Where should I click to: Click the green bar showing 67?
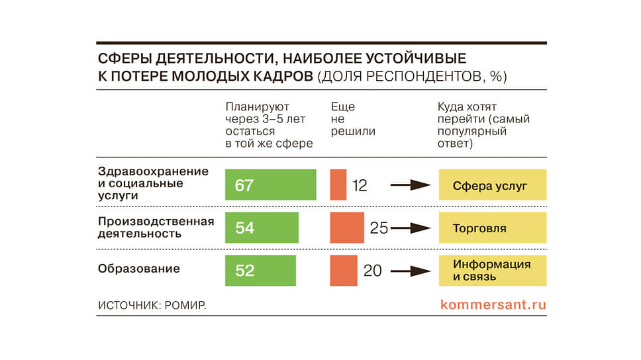pyautogui.click(x=270, y=185)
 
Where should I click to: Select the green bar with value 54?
pyautogui.click(x=262, y=228)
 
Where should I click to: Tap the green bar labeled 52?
pyautogui.click(x=260, y=271)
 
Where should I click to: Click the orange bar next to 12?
pyautogui.click(x=338, y=185)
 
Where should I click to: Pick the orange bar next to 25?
pyautogui.click(x=347, y=228)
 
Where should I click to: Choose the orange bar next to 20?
pyautogui.click(x=344, y=271)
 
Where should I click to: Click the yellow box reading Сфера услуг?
pyautogui.click(x=492, y=185)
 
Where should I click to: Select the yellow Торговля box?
pyautogui.click(x=492, y=228)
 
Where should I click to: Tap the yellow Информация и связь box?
pyautogui.click(x=492, y=271)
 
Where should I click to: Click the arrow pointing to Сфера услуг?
pyautogui.click(x=411, y=185)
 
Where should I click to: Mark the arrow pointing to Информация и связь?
pyautogui.click(x=411, y=271)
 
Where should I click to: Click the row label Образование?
pyautogui.click(x=139, y=269)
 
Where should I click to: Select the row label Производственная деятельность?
pyautogui.click(x=156, y=227)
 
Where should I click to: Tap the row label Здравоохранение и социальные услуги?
pyautogui.click(x=153, y=183)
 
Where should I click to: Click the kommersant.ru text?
pyautogui.click(x=493, y=305)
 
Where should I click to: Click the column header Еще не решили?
pyautogui.click(x=353, y=119)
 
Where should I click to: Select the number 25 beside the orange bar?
pyautogui.click(x=379, y=228)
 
